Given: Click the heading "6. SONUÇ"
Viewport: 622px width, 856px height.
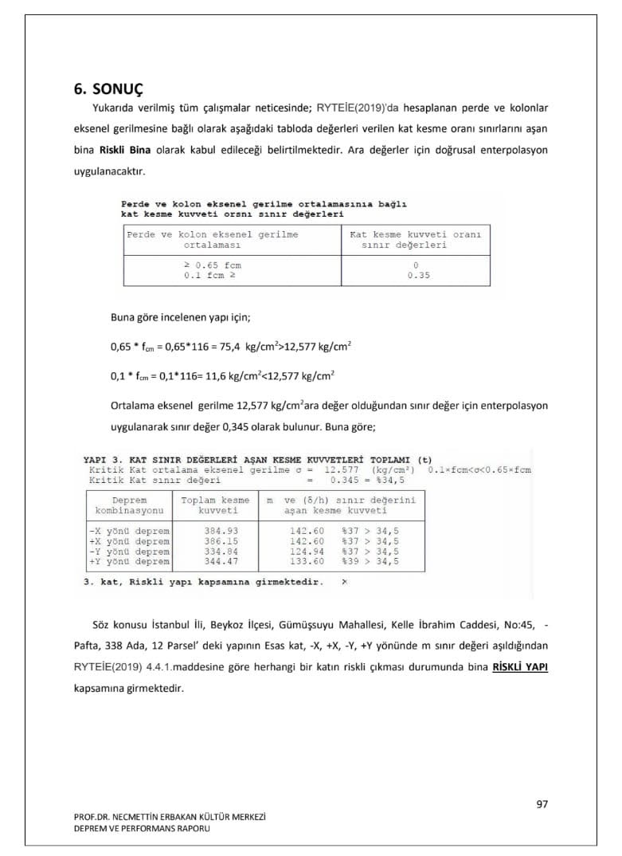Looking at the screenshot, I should tap(108, 89).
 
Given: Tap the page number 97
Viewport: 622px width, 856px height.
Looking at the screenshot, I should tap(542, 804).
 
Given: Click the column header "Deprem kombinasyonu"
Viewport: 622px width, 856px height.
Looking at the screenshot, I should tap(129, 505).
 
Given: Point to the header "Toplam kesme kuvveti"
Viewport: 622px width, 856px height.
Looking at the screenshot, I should tap(214, 505).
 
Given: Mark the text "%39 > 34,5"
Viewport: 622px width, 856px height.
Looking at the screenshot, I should tap(370, 561).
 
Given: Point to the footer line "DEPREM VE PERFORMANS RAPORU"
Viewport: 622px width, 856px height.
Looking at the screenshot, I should tap(143, 828).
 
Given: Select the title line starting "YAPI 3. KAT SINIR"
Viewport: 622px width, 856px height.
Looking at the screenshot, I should tap(257, 460).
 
